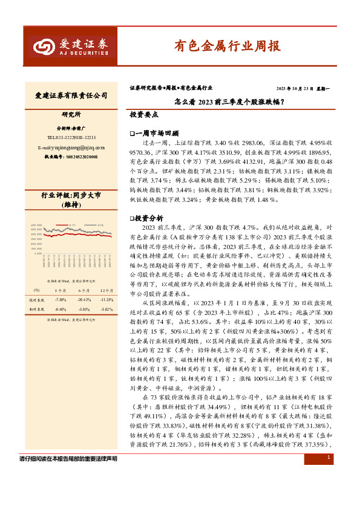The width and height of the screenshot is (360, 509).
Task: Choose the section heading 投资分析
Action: click(149, 216)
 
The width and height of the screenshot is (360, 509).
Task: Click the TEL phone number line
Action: click(71, 137)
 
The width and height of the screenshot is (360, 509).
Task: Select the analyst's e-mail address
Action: click(71, 147)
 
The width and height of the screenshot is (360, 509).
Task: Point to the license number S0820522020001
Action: click(71, 157)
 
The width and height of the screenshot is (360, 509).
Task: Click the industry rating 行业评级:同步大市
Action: click(71, 195)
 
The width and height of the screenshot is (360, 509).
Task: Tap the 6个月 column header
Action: click(83, 290)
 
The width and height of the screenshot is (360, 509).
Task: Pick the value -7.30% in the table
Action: click(60, 300)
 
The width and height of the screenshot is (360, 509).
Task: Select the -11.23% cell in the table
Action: click(106, 300)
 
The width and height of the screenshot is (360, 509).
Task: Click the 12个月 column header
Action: click(106, 290)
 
